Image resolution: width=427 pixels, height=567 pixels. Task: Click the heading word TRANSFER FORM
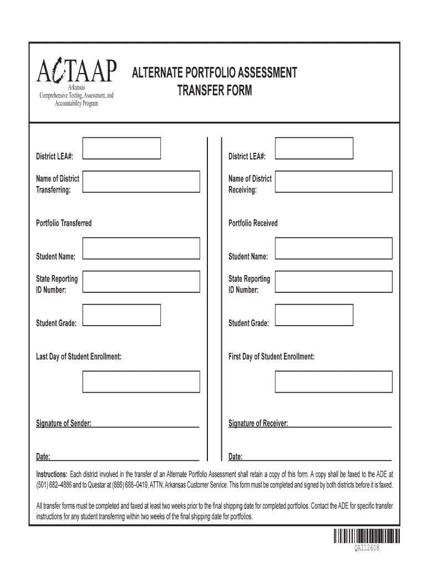click(214, 91)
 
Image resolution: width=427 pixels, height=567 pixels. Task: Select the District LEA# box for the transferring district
click(121, 148)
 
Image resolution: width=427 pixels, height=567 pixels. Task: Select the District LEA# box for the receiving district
click(314, 148)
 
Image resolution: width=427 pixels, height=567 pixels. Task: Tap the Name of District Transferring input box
click(141, 182)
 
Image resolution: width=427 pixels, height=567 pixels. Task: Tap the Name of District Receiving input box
click(333, 182)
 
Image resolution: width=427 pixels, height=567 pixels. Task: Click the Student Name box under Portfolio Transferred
click(141, 248)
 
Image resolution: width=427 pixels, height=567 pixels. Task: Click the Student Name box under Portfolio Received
click(333, 248)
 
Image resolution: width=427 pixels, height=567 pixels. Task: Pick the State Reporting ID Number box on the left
click(141, 281)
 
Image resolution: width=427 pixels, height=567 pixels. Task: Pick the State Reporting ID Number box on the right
click(333, 281)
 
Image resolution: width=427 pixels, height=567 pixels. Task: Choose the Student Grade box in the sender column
click(121, 315)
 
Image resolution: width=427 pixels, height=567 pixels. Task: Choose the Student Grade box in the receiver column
click(314, 315)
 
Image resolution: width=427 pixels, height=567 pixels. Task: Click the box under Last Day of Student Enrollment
click(141, 382)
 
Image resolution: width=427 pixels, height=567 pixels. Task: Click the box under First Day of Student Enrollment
click(333, 382)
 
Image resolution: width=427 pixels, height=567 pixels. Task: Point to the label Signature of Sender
click(63, 424)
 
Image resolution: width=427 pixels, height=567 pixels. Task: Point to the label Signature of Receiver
click(258, 424)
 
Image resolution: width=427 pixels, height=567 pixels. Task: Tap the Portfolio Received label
click(253, 223)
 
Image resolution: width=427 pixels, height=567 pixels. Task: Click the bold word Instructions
click(52, 475)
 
